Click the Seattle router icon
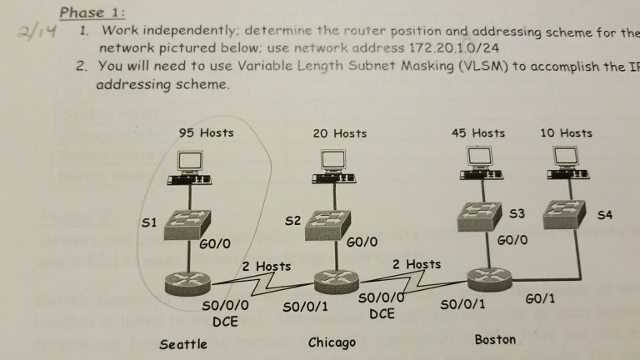point(192,282)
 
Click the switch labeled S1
point(190,222)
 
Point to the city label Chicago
point(332,342)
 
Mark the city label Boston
point(494,339)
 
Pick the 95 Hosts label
point(206,132)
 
